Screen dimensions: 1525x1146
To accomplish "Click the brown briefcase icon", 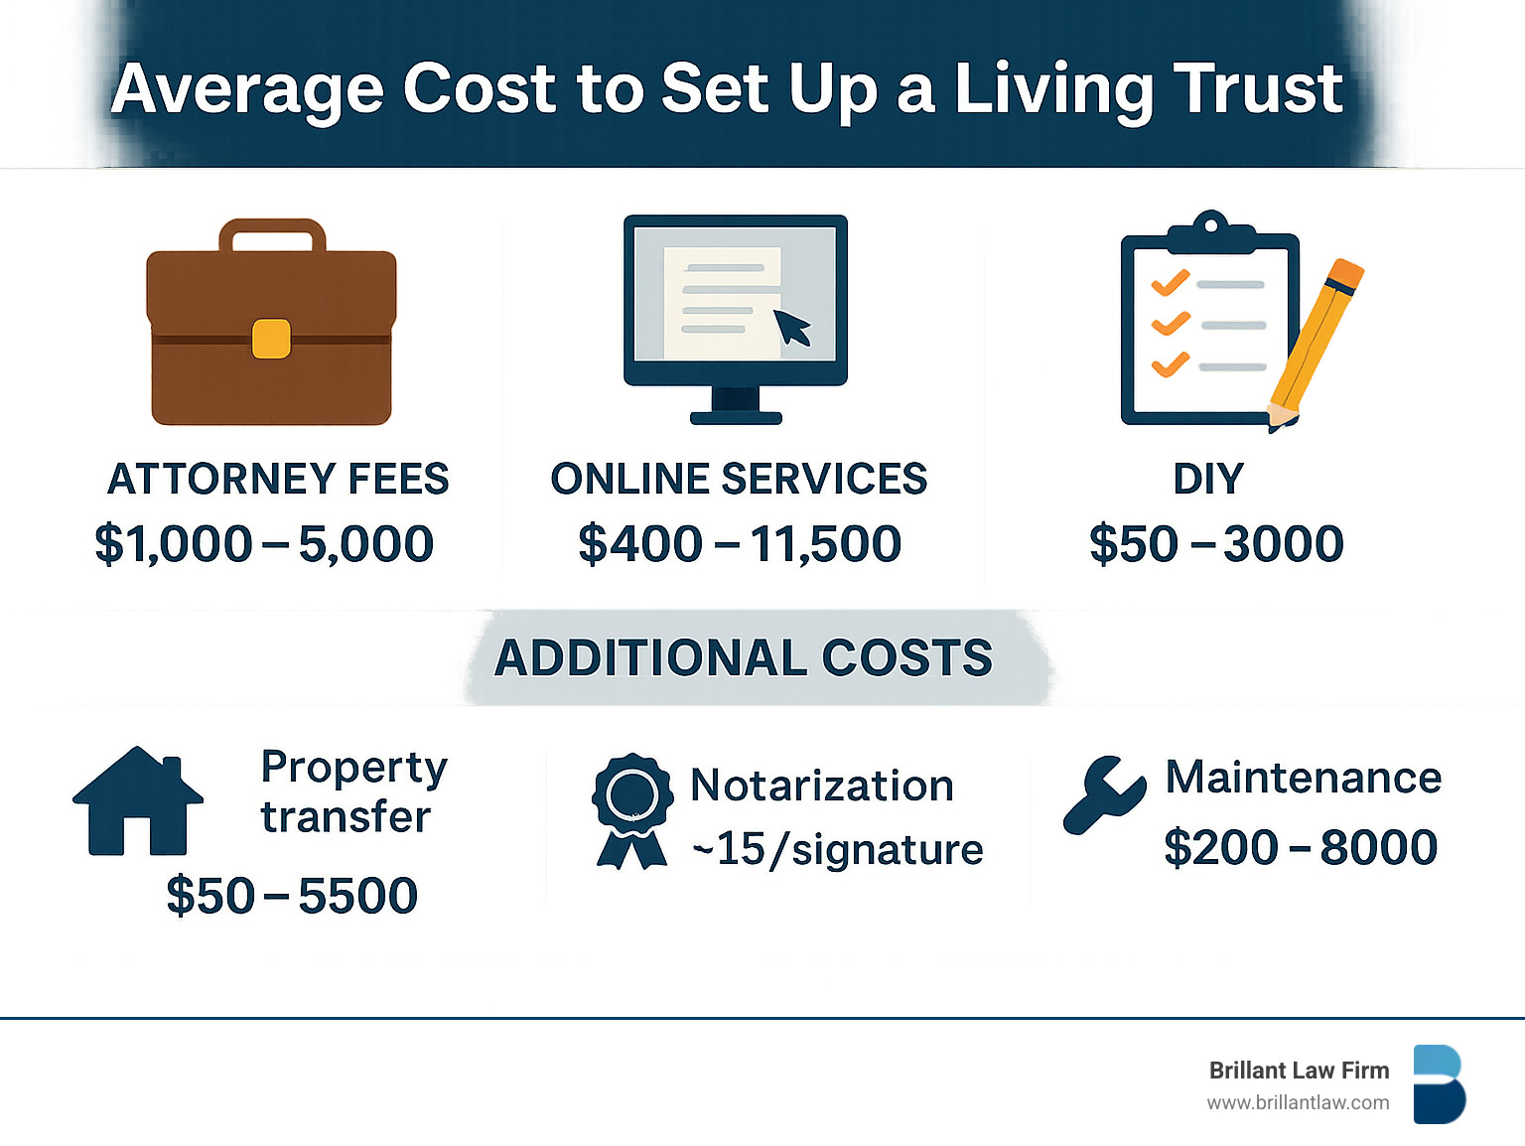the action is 271,322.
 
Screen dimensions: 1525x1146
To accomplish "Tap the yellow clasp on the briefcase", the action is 271,339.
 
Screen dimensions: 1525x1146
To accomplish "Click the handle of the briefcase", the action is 272,235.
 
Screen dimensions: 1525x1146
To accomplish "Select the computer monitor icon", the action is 735,319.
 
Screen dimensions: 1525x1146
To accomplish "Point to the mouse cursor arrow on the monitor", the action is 792,327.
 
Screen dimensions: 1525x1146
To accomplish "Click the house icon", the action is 138,801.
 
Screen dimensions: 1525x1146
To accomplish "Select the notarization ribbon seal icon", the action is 632,811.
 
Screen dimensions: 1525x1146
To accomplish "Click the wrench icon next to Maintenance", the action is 1104,794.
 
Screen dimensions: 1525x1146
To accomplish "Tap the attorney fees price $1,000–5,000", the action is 264,543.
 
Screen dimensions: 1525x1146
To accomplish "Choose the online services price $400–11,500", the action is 740,543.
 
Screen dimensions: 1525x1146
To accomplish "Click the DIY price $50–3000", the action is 1216,543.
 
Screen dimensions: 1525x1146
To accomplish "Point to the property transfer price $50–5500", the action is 292,895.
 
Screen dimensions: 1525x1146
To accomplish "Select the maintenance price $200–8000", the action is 1301,847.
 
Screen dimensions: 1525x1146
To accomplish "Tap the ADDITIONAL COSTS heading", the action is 744,657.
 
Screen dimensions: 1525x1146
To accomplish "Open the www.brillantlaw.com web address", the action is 1298,1103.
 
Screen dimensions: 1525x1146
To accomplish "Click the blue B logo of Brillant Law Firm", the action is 1440,1084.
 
